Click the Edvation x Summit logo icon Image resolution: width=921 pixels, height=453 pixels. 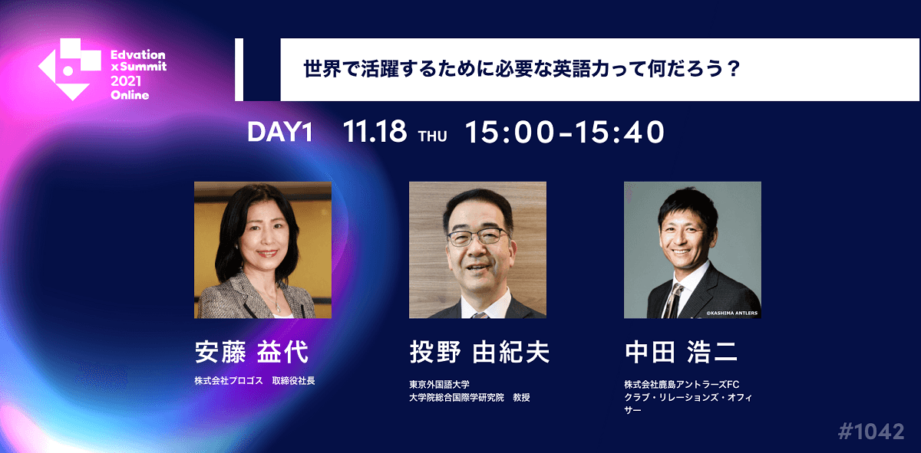[x=69, y=70]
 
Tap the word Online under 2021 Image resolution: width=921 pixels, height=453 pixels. [x=130, y=95]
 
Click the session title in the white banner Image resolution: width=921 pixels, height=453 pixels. [x=521, y=69]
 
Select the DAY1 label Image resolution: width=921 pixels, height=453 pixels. [x=280, y=133]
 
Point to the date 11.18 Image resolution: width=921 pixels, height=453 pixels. [x=375, y=133]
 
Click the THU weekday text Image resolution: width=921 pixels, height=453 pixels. [x=432, y=137]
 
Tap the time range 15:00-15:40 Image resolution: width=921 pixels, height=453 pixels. [x=564, y=133]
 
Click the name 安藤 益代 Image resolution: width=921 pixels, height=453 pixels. [x=251, y=352]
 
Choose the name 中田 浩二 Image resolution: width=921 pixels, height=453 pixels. [x=682, y=352]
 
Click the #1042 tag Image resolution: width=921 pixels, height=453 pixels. [x=870, y=431]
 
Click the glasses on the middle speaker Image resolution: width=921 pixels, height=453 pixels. [x=477, y=237]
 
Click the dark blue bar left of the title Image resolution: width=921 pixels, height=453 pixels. [x=239, y=69]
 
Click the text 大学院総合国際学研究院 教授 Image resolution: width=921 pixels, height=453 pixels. [x=469, y=397]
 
